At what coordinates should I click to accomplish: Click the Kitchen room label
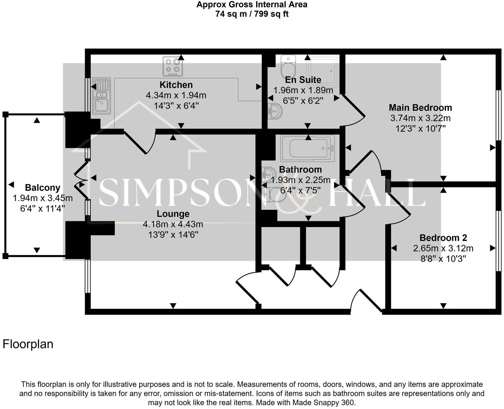point(176,85)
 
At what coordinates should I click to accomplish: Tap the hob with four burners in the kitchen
point(173,66)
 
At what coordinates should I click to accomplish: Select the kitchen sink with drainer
point(101,96)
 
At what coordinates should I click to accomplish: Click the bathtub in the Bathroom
point(307,148)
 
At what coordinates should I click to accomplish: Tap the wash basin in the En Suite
point(274,111)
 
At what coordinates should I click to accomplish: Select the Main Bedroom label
point(420,108)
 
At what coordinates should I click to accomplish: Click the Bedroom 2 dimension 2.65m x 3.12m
point(443,248)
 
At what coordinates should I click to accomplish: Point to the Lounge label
point(173,214)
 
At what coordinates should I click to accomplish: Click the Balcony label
point(43,188)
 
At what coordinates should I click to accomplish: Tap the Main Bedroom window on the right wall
point(498,115)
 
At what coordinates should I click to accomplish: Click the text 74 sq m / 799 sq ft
point(252,14)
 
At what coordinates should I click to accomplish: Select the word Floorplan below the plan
point(28,344)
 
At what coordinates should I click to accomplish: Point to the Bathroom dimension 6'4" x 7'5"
point(300,190)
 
